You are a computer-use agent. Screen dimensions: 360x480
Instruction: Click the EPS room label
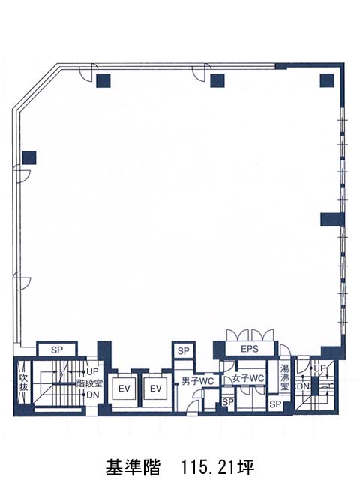coord(250,349)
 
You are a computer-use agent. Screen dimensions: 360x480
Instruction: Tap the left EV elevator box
coord(124,388)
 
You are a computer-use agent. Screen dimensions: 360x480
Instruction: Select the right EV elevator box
coord(155,388)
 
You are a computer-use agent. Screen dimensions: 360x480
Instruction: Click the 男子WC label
coord(197,381)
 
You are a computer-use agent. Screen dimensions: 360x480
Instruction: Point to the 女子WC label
coord(248,378)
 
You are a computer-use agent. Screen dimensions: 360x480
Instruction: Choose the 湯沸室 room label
coord(285,377)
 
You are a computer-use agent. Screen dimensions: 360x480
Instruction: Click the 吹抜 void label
coord(23,382)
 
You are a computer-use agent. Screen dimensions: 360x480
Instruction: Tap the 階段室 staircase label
coord(89,383)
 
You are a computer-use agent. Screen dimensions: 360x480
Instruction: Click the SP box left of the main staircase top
coord(57,349)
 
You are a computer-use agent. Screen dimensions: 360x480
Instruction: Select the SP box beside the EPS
coord(183,350)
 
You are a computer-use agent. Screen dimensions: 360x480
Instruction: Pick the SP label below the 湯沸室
coord(275,404)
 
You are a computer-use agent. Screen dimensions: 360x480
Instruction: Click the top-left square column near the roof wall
coord(103,80)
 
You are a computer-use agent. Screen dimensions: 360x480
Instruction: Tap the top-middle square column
coord(217,80)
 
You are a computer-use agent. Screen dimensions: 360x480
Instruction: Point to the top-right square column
coord(327,80)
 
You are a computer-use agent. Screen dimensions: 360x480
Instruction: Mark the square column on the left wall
coord(29,157)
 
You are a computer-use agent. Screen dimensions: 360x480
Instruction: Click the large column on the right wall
coord(332,220)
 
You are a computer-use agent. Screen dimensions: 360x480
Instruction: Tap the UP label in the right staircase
coord(319,368)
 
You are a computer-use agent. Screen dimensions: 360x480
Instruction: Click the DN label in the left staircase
coord(93,394)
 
